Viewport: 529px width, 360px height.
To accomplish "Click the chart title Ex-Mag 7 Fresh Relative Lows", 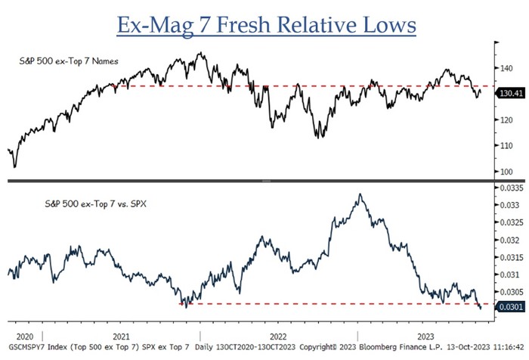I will (266, 24).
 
